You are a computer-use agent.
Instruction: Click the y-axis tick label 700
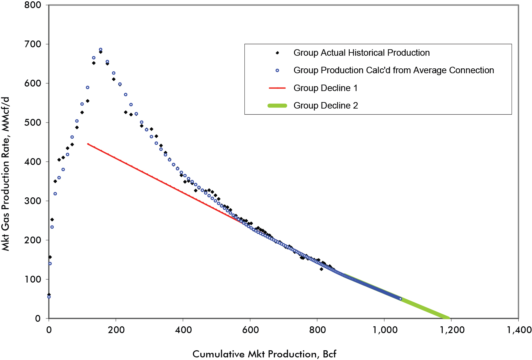[33, 44]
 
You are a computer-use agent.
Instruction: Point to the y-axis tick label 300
[33, 201]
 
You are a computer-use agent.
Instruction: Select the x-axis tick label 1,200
[451, 330]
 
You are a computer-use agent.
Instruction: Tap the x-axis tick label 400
[183, 330]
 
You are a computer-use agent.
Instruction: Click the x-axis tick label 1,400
[519, 330]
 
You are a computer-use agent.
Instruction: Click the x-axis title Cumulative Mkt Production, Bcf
[264, 354]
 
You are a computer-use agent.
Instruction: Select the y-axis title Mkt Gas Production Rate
[6, 174]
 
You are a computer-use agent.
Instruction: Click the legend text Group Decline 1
[325, 88]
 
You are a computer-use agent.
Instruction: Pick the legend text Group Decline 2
[325, 106]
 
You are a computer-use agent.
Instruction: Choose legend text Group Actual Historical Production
[361, 53]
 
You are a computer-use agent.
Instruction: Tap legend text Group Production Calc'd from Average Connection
[393, 70]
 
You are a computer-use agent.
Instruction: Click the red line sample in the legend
[277, 88]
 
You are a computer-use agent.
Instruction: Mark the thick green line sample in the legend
[277, 106]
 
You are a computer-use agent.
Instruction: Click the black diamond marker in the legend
[277, 53]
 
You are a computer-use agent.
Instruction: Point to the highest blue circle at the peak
[101, 50]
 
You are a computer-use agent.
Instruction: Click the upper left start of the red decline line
[88, 144]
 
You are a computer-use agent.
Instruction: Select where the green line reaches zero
[448, 318]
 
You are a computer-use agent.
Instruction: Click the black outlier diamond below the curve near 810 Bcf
[321, 269]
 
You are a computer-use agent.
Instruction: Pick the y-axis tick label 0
[38, 319]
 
